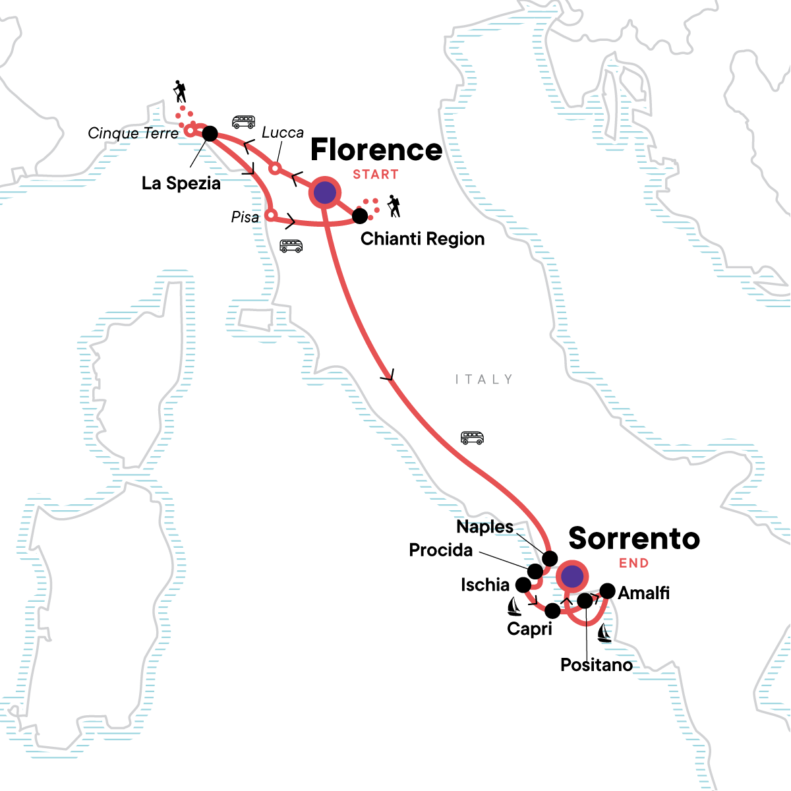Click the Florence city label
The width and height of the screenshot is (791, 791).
pos(376,150)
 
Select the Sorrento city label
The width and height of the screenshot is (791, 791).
pos(634,539)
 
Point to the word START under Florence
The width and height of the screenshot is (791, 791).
pos(376,175)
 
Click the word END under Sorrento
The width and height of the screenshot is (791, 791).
pos(633,563)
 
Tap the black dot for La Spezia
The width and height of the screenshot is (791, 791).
pos(210,134)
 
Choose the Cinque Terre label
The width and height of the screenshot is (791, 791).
pos(133,133)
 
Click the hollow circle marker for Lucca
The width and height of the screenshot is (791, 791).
pos(275,168)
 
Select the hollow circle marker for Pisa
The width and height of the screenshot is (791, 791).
pos(270,215)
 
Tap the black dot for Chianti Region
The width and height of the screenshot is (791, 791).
pos(360,216)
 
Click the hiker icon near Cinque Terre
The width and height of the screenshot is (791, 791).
pos(179,91)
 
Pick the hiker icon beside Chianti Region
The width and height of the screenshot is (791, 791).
pos(394,206)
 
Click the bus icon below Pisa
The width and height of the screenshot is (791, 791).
pos(291,246)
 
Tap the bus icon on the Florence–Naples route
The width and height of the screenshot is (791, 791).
pos(472,438)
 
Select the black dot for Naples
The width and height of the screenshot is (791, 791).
pos(550,559)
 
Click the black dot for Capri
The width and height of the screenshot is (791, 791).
pos(552,611)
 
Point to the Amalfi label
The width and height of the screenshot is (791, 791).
pos(643,593)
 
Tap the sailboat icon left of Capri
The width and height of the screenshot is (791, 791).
pos(514,606)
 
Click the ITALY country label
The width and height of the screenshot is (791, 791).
pos(483,379)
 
